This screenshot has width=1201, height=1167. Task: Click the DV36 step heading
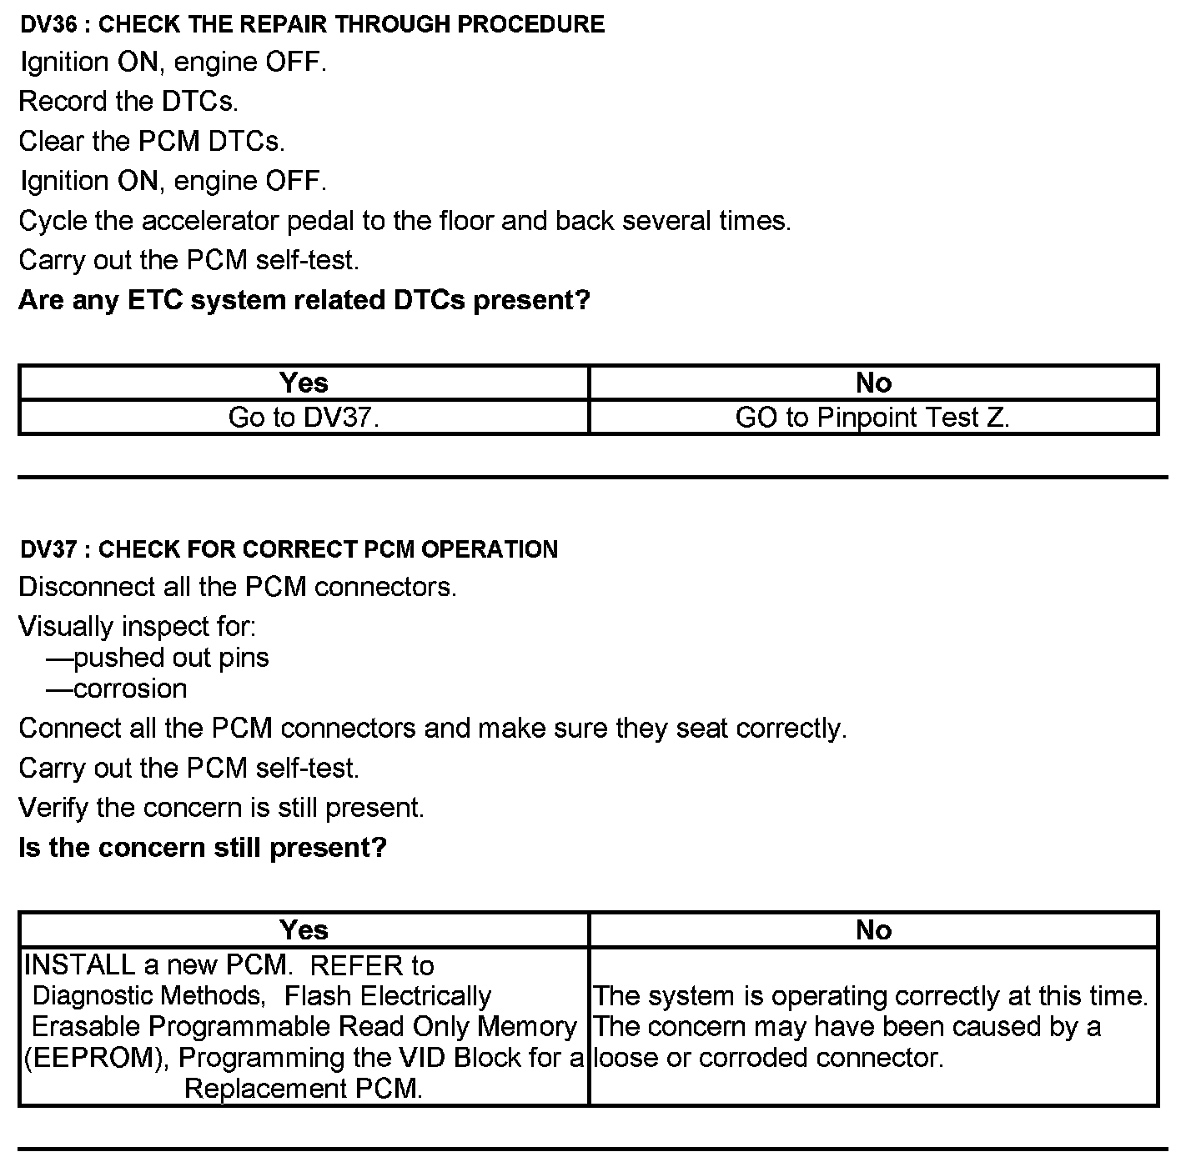[x=312, y=24]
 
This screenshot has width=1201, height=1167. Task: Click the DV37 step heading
[x=289, y=549]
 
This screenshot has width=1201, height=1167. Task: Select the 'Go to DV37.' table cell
[x=304, y=417]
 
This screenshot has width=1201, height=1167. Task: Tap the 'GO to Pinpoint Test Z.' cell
[x=872, y=417]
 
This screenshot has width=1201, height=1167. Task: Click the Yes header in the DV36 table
[x=304, y=383]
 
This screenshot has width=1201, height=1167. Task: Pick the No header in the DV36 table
[x=873, y=383]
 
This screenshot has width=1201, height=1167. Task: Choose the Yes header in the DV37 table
[x=304, y=929]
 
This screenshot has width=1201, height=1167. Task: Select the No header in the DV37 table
[x=873, y=929]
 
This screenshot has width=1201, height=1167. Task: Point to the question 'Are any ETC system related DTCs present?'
[x=304, y=300]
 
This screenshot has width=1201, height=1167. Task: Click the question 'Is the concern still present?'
[x=203, y=848]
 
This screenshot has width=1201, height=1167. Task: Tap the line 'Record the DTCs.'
[x=128, y=102]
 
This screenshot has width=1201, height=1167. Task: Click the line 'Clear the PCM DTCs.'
[x=152, y=142]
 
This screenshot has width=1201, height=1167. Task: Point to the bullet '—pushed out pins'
[x=158, y=658]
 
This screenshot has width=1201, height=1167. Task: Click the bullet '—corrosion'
[x=117, y=689]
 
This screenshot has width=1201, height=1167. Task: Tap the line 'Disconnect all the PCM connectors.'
[x=238, y=587]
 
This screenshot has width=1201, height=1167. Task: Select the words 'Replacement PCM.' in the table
[x=304, y=1089]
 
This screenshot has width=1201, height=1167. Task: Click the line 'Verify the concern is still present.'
[x=221, y=808]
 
